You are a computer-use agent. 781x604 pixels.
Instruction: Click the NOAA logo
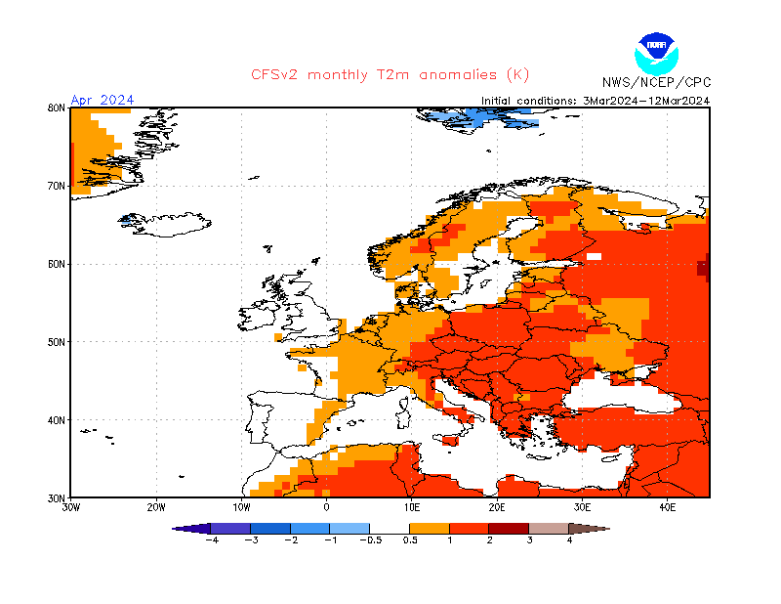coord(654,51)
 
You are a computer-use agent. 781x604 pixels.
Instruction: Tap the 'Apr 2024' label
coord(103,100)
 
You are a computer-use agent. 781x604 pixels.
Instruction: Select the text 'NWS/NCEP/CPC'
coord(656,82)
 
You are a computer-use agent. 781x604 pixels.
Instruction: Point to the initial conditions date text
coord(595,100)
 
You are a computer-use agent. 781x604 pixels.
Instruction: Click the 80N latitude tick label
coord(57,108)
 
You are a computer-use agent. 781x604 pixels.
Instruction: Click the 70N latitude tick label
coord(57,186)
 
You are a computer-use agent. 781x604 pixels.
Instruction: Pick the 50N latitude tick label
coord(57,342)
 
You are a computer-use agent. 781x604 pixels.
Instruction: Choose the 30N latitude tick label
coord(57,497)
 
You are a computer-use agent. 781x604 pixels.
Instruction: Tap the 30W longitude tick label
coord(70,507)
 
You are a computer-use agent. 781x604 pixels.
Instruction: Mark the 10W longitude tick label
coord(241,507)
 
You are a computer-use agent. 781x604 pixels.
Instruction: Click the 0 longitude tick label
coord(326,507)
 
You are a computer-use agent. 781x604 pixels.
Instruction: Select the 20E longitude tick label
coord(497,507)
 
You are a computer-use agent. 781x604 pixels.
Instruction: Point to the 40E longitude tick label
coord(668,507)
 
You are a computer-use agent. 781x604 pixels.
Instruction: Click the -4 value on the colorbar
coord(210,539)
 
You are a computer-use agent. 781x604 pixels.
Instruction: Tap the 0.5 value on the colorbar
coord(410,539)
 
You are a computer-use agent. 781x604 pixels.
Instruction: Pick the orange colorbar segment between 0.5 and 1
coord(430,528)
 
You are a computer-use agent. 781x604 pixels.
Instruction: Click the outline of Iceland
coord(166,224)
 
